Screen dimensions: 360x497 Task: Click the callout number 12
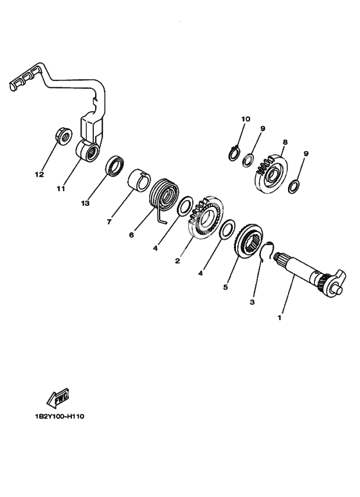tap(39, 175)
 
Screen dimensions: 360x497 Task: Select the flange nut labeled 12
tap(64, 136)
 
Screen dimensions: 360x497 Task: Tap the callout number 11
tap(61, 188)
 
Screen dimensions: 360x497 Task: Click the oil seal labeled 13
tap(114, 166)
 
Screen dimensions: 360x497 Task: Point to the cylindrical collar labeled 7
tap(139, 181)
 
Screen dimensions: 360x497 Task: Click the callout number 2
tap(177, 261)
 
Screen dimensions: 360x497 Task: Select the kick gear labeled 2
tap(206, 217)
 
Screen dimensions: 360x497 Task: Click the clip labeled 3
tap(267, 250)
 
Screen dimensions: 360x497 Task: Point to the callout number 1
tap(280, 317)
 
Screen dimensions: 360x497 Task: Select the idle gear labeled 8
tap(271, 174)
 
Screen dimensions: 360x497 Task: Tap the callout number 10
tap(246, 119)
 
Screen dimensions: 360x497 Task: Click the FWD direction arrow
tap(59, 398)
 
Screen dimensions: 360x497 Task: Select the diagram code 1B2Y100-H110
tap(60, 417)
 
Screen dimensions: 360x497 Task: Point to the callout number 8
tap(285, 142)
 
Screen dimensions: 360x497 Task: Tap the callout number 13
tap(85, 203)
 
